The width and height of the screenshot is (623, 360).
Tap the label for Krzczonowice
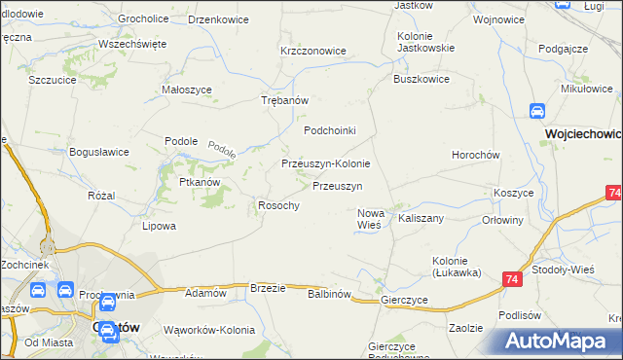pos(312,51)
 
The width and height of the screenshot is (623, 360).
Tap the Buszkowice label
pos(421,80)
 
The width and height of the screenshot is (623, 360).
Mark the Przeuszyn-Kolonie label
pos(325,163)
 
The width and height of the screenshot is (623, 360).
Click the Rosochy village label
pos(277,205)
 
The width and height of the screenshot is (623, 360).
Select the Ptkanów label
pos(199,182)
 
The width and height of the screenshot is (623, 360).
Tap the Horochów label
pos(476,155)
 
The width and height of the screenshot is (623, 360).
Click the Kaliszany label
pos(421,218)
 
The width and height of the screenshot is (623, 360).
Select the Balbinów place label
pos(328,293)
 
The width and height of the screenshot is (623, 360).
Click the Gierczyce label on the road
pos(405,301)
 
